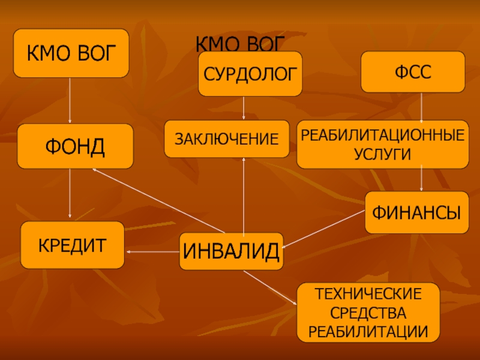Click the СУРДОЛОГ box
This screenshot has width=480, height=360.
coord(250,73)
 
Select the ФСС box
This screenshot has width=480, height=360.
coord(413,72)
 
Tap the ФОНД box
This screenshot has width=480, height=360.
coord(76,146)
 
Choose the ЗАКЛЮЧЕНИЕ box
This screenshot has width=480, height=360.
coord(227,139)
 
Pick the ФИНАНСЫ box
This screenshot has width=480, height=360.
coord(416,212)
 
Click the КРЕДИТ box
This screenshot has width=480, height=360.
coord(73,245)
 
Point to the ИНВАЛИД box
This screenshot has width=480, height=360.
coord(231,251)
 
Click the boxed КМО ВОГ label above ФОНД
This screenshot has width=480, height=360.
coord(71,53)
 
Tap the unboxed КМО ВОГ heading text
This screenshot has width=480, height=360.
coord(240,43)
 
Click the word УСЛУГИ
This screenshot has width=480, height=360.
coord(382,154)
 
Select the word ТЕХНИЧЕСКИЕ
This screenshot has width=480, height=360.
coord(368,294)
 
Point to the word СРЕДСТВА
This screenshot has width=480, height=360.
coord(368,313)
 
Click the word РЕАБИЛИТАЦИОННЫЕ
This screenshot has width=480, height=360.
coord(383,135)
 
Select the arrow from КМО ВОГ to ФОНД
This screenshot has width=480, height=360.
coord(70,100)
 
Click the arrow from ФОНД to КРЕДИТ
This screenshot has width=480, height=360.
coord(70,193)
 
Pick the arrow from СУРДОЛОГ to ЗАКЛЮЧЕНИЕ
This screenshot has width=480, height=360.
coord(244,108)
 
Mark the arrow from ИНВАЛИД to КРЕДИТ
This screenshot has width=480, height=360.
coord(153,251)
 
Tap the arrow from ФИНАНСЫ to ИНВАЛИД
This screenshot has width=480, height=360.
coord(323,229)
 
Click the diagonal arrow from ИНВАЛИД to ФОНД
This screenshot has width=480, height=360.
coord(158,201)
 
